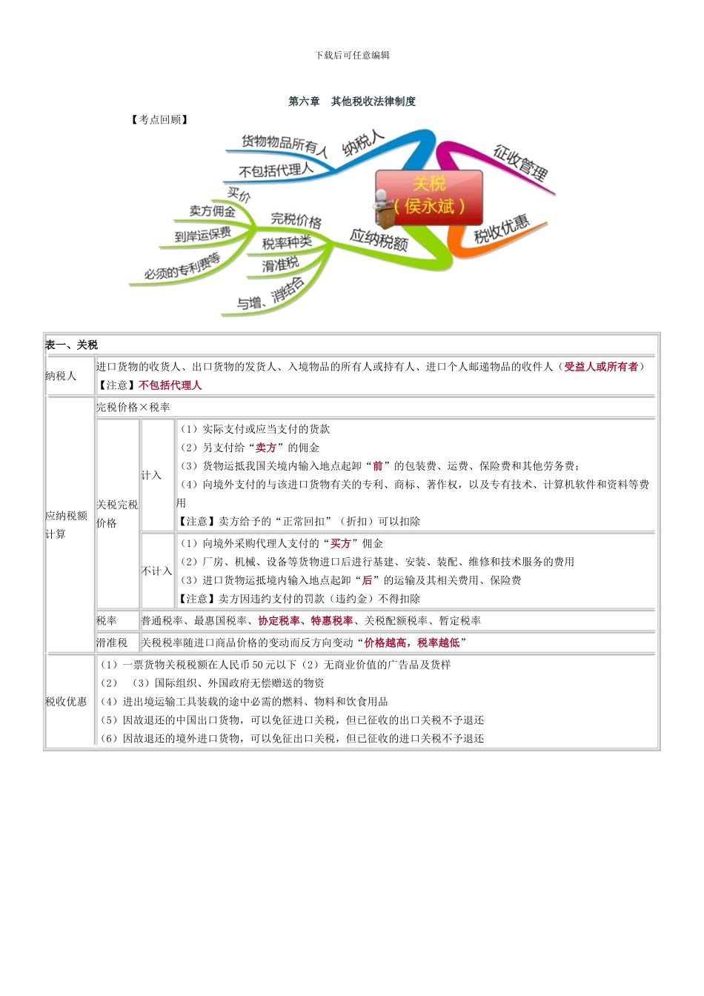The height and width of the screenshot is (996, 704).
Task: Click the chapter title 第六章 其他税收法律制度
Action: pyautogui.click(x=352, y=102)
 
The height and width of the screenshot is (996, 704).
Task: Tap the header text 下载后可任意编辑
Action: pyautogui.click(x=352, y=55)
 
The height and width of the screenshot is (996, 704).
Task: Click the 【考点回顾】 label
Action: pyautogui.click(x=159, y=119)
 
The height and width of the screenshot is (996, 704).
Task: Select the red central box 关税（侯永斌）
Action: pyautogui.click(x=429, y=196)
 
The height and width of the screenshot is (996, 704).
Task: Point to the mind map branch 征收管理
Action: pyautogui.click(x=520, y=163)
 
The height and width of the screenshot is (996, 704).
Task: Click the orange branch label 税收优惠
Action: pyautogui.click(x=502, y=230)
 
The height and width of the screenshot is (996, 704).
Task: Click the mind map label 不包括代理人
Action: pyautogui.click(x=276, y=170)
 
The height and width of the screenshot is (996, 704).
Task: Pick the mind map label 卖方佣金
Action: pyautogui.click(x=212, y=211)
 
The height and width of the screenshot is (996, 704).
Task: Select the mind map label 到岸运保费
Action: pyautogui.click(x=202, y=235)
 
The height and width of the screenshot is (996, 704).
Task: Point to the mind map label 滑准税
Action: pyautogui.click(x=280, y=264)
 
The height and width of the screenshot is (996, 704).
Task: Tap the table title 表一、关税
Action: pyautogui.click(x=71, y=345)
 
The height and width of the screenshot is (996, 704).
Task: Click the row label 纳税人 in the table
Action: pyautogui.click(x=61, y=376)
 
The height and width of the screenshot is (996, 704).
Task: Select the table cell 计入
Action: pyautogui.click(x=151, y=475)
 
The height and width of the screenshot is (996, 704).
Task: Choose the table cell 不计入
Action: pyautogui.click(x=156, y=571)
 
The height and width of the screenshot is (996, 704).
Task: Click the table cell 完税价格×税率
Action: pyautogui.click(x=133, y=407)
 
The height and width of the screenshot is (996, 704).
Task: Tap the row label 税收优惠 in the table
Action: pyautogui.click(x=66, y=701)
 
